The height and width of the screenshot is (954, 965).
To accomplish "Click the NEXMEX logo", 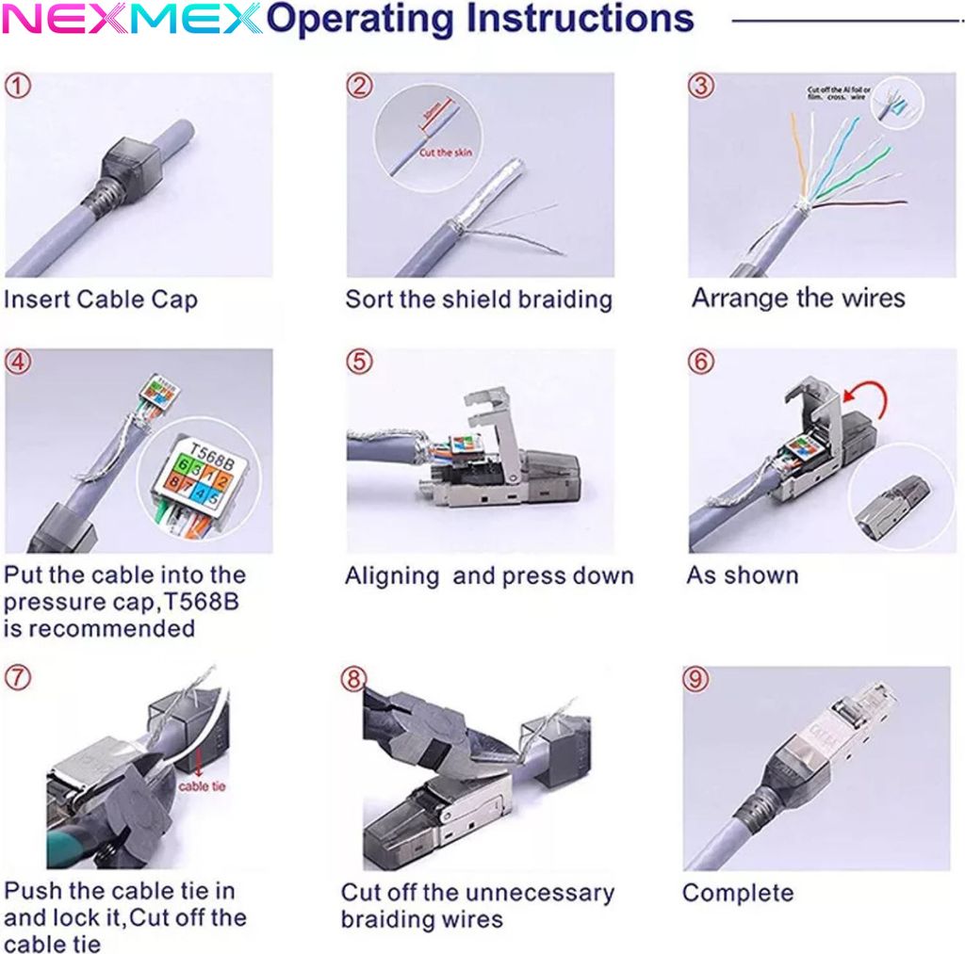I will [x=132, y=19].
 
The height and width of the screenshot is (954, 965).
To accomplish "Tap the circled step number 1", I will [x=18, y=87].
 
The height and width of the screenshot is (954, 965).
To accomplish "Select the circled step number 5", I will [x=359, y=363].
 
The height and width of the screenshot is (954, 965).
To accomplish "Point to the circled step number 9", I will [x=695, y=678].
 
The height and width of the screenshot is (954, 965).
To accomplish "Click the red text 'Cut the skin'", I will [x=446, y=153].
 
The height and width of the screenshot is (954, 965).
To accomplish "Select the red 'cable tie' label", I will [x=201, y=785].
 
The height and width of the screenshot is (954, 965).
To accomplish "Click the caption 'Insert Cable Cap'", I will [x=101, y=300].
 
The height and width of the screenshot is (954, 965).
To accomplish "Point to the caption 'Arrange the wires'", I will [x=797, y=299].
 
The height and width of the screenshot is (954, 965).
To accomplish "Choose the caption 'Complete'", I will [x=738, y=893].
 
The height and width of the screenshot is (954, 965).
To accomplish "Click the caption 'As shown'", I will [x=742, y=575].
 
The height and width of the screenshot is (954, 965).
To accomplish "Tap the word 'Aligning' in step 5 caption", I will [x=392, y=576].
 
